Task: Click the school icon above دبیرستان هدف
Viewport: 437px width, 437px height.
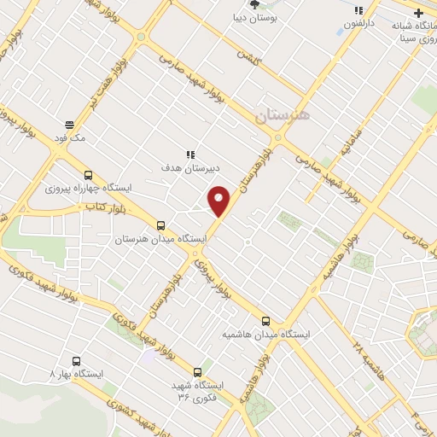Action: (190, 154)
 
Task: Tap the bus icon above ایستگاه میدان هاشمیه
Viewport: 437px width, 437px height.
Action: (265, 321)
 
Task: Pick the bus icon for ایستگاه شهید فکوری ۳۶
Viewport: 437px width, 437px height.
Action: (198, 372)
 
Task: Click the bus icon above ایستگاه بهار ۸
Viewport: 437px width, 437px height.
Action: (76, 361)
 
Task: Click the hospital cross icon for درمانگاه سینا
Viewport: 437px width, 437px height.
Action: (418, 13)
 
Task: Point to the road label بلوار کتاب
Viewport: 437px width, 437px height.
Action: (104, 207)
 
